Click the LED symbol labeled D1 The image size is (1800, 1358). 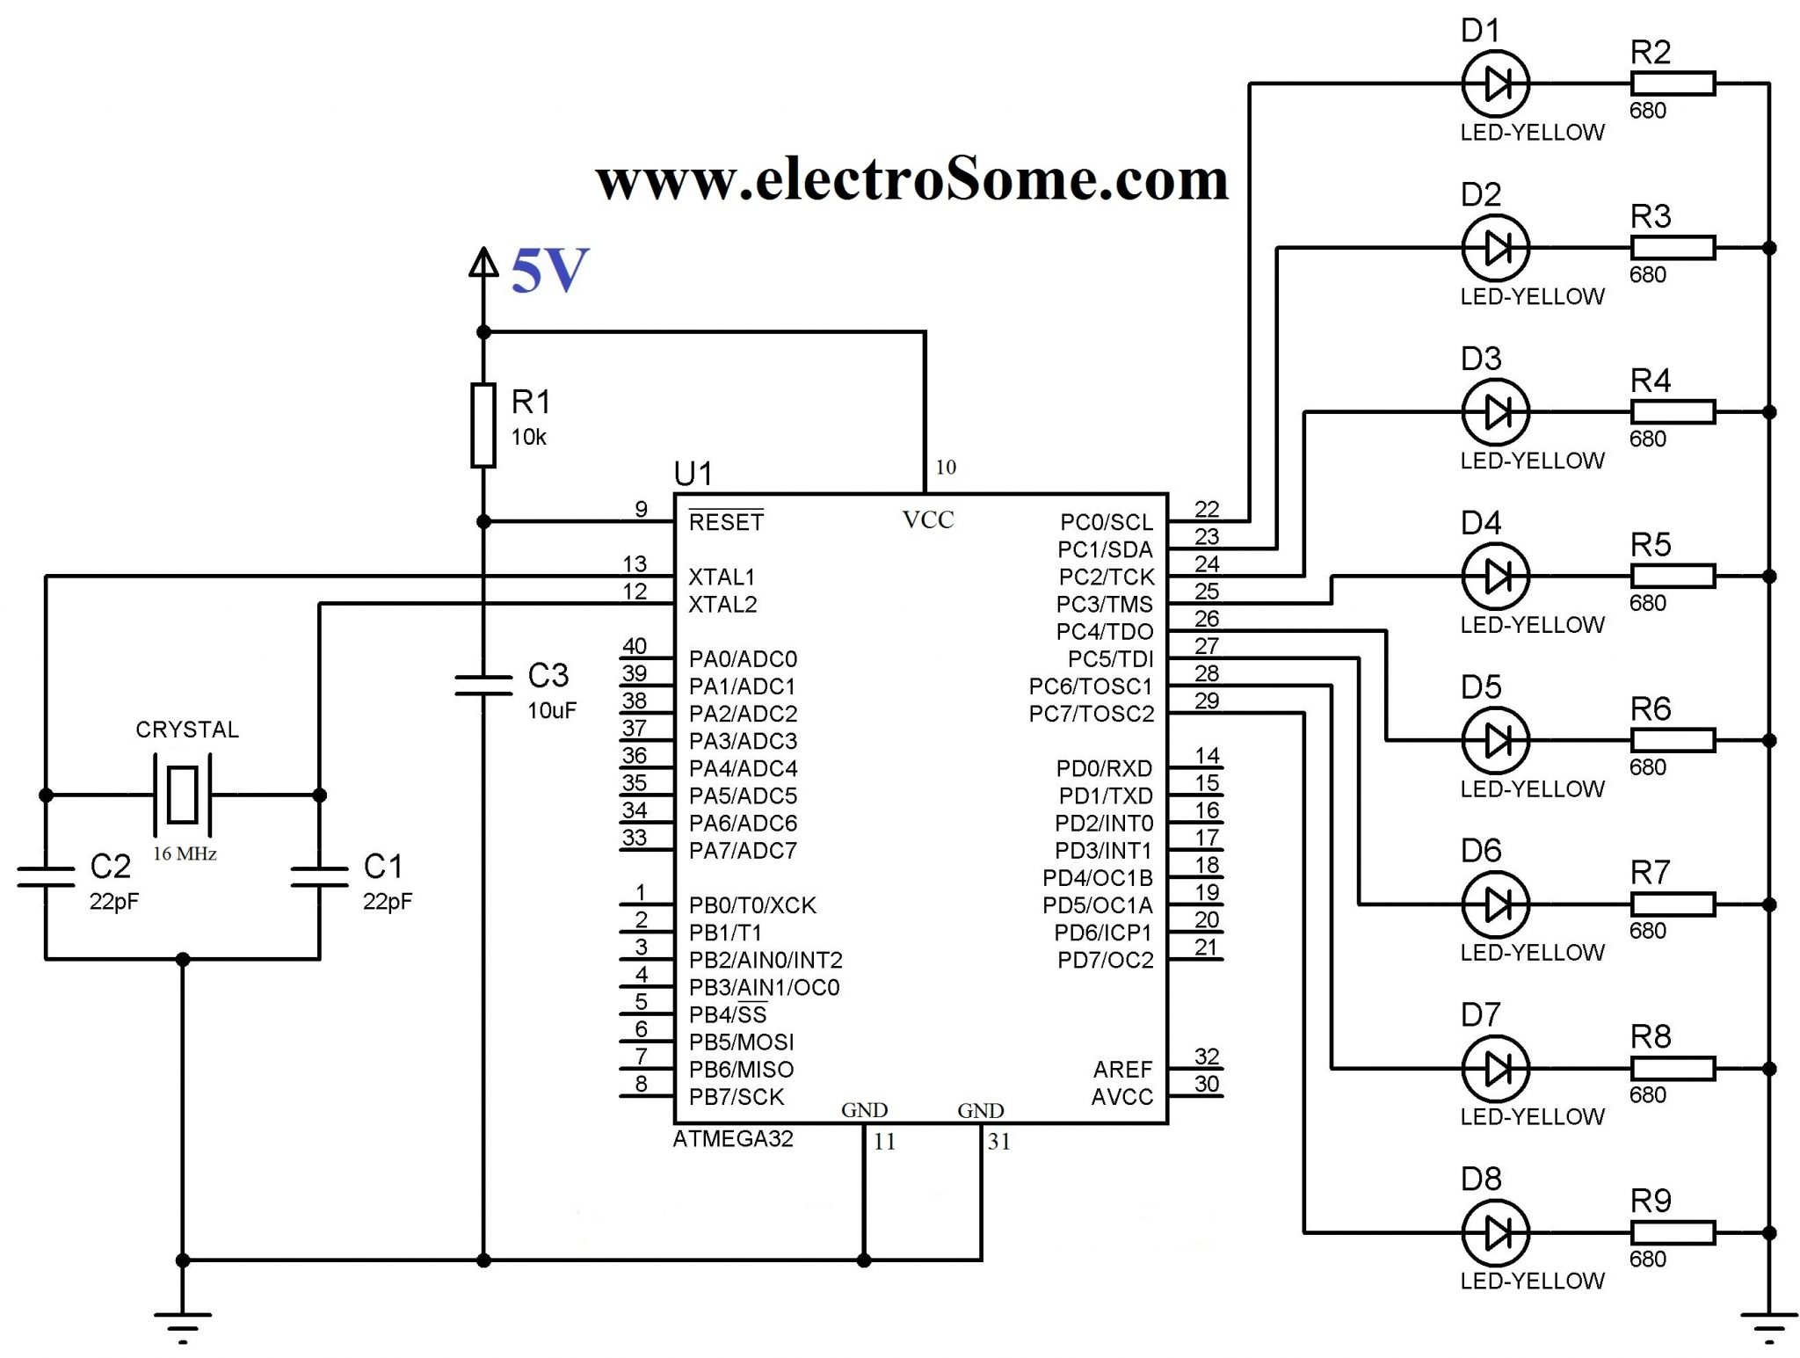1494,84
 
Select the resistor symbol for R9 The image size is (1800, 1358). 1672,1232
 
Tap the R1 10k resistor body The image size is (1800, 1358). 483,425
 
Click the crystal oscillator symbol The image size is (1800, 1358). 183,795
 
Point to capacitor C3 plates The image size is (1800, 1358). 483,686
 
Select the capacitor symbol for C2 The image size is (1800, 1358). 46,876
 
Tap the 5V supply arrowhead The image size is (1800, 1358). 483,262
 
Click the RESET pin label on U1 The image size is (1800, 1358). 725,522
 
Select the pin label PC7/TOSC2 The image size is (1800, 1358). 1091,714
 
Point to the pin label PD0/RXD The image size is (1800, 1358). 1103,768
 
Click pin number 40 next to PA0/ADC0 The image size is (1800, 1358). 635,646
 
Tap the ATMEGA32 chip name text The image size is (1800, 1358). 732,1139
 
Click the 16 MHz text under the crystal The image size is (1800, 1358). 185,853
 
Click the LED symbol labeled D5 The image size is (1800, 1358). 1494,740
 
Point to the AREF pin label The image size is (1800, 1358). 1121,1070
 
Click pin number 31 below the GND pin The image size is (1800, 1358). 998,1142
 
